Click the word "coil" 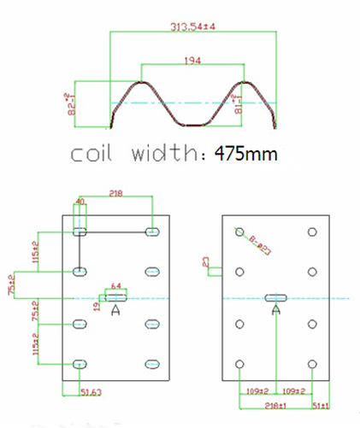(99, 155)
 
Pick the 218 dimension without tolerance (117, 195)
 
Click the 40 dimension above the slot (81, 202)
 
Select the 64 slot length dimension (117, 286)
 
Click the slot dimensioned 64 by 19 (117, 297)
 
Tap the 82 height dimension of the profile (73, 103)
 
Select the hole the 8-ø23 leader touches (240, 232)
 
